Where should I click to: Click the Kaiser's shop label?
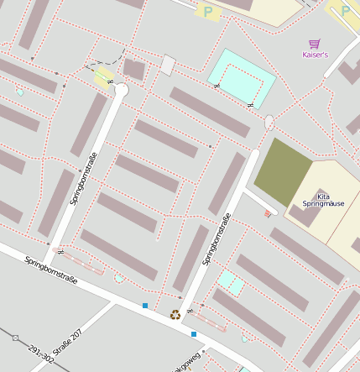point(315,55)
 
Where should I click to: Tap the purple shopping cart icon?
point(315,43)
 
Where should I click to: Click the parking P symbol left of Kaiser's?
point(207,11)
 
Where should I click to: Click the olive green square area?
point(283,171)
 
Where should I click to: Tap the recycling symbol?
point(175,315)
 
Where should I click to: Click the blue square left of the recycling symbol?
point(145,306)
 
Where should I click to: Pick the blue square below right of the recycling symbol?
point(194,334)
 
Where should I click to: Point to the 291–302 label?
point(40,355)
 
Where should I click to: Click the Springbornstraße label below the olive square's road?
point(217,239)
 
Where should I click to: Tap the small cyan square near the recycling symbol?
point(232,283)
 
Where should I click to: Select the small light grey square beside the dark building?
point(168,65)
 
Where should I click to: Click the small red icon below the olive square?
point(268,214)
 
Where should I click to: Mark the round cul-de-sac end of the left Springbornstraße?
point(121,89)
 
